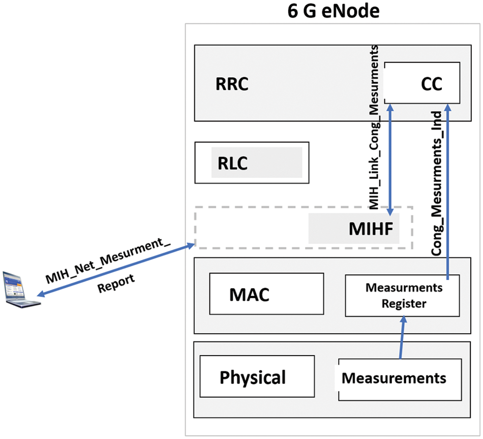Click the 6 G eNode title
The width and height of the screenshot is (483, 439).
334,11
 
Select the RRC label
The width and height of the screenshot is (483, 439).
231,84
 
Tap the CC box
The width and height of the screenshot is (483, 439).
422,82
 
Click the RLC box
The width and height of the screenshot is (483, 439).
252,163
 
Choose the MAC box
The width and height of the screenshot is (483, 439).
266,294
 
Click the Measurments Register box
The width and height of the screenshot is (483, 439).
402,296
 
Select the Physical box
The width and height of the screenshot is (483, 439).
257,377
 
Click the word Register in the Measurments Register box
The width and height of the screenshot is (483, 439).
404,304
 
